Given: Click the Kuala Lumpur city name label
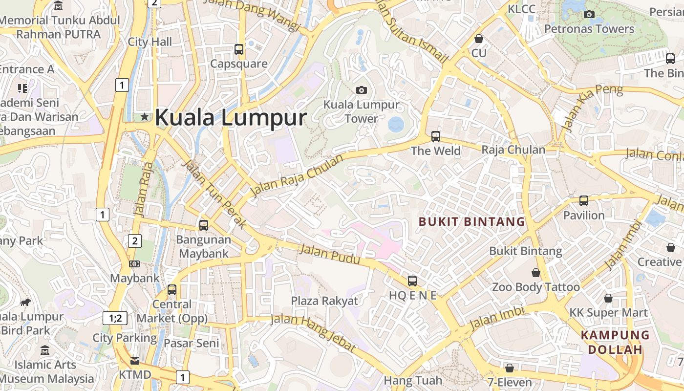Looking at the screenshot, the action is click(231, 118).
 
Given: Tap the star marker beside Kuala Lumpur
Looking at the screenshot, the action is click(145, 117).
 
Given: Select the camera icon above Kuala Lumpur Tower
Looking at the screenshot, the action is click(362, 90).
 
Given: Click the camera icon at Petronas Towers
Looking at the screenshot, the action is click(589, 14).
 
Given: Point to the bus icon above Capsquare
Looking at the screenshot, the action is click(239, 49).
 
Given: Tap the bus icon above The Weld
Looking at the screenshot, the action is click(436, 136).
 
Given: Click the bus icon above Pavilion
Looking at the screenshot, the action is click(584, 200).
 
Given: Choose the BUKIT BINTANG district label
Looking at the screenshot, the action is click(472, 222).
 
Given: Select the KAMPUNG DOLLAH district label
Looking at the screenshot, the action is click(615, 342).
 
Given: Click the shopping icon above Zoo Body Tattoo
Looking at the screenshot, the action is click(536, 273).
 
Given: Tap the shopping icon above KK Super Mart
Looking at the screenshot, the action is click(608, 298).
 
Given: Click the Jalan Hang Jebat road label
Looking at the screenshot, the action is click(313, 332).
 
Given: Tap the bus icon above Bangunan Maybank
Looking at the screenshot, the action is click(204, 225).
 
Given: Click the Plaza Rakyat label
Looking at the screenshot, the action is click(324, 301).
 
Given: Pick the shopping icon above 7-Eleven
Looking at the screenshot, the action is click(510, 368).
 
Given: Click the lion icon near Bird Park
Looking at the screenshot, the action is click(25, 302).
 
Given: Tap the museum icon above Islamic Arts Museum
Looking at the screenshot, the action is click(45, 350).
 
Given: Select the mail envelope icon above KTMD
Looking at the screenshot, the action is click(134, 361).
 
